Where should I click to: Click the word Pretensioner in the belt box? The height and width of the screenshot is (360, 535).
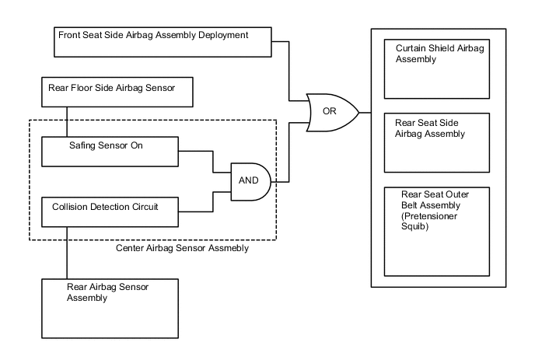431,219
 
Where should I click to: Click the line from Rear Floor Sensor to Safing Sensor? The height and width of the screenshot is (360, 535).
68,121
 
